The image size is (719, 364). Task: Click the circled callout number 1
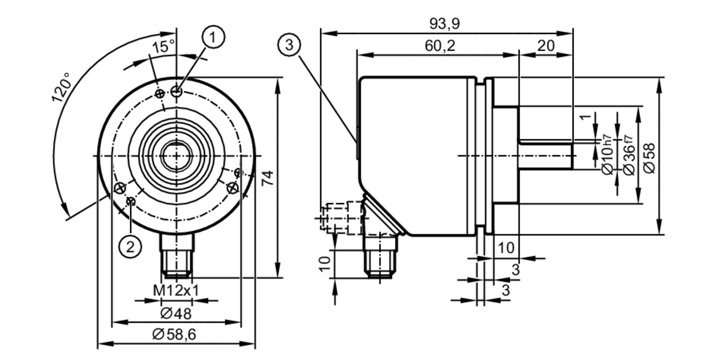point(214,37)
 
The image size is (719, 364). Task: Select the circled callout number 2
point(130,246)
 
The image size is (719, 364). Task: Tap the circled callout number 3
point(289,45)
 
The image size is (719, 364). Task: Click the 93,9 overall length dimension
point(444,24)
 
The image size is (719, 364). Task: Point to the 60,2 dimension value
point(440,46)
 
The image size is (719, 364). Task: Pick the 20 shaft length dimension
point(546,46)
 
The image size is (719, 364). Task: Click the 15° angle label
point(163,47)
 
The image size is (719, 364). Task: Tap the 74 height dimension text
point(267,178)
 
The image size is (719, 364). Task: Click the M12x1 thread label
point(176,290)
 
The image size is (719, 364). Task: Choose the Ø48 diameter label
point(176,314)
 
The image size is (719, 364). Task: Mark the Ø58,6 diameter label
point(174,335)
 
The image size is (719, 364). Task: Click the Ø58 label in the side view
point(650,158)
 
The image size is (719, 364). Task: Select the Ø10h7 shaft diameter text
point(607,155)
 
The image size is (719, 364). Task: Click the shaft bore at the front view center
point(176,156)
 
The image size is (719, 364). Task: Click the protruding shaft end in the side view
point(546,156)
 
